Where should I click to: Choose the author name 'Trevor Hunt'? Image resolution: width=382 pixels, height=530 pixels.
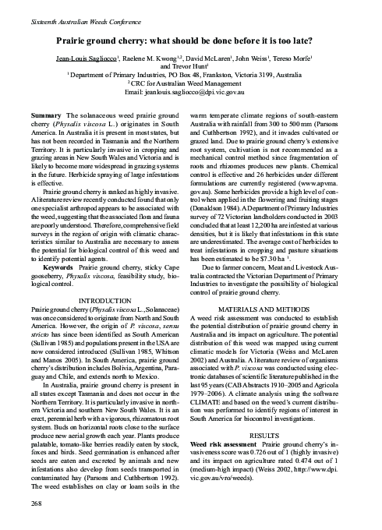coord(191,67)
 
